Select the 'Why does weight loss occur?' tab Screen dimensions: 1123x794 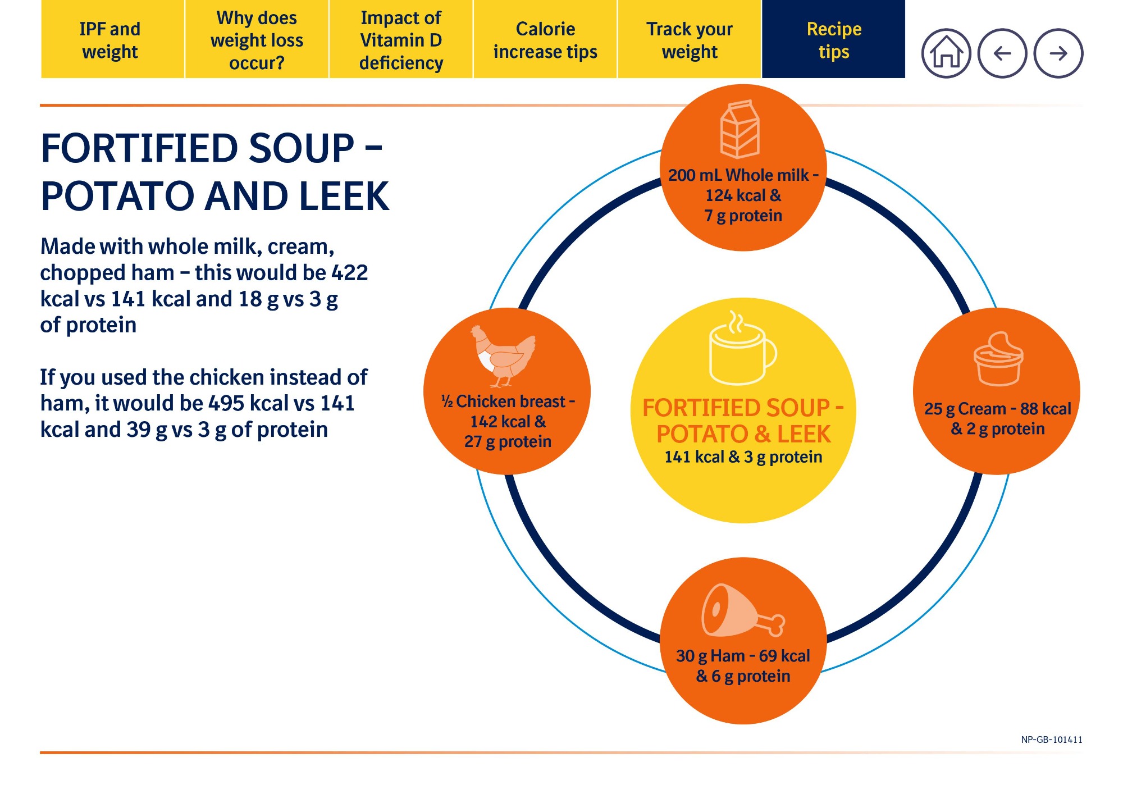[257, 39]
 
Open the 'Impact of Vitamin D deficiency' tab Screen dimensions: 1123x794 [401, 39]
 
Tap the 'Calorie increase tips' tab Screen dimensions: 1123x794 [545, 39]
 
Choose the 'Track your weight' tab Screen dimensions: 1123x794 [690, 39]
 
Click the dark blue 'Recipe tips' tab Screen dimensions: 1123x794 [834, 39]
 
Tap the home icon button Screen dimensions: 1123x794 [946, 53]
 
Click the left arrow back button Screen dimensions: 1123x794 [1002, 53]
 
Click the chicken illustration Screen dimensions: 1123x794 [503, 356]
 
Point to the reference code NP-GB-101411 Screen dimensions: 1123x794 [1052, 740]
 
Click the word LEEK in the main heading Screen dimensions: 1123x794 [344, 196]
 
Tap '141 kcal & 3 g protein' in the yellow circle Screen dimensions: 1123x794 [743, 457]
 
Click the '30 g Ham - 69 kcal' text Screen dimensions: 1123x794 [743, 656]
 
